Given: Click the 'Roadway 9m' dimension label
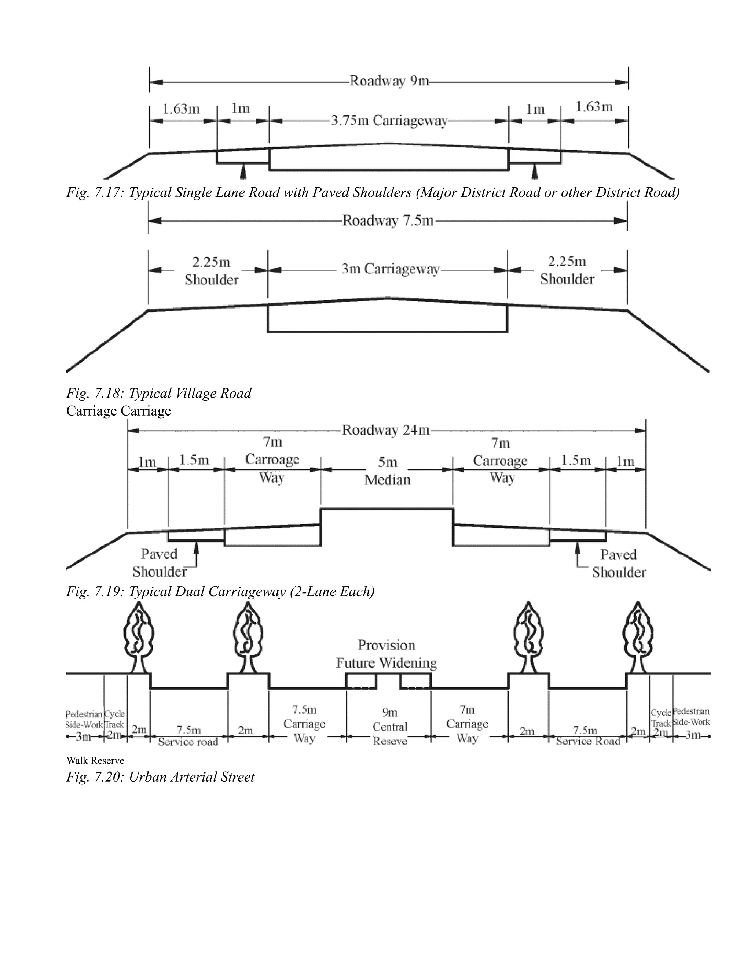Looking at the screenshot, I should [389, 81].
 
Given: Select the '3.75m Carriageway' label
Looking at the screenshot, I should [389, 121].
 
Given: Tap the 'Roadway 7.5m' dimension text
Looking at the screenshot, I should [388, 221].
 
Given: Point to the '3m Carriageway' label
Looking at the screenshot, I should [390, 269].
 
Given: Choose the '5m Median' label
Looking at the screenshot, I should [387, 471].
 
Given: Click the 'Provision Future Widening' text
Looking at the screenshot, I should [386, 654].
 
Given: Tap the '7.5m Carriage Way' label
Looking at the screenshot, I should [304, 723].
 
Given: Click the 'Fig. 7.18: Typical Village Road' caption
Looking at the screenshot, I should [159, 393].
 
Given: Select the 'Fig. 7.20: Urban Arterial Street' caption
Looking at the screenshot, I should [160, 777].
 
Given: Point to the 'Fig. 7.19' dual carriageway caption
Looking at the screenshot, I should [220, 591].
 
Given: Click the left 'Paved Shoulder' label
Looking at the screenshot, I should [159, 562].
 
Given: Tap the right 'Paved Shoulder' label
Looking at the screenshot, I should [618, 563].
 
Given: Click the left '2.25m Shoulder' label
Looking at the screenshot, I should [211, 271].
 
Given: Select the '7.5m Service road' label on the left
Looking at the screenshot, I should [188, 736].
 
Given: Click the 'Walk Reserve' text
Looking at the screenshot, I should [95, 760].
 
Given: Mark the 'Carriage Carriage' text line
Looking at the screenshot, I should [118, 411].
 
